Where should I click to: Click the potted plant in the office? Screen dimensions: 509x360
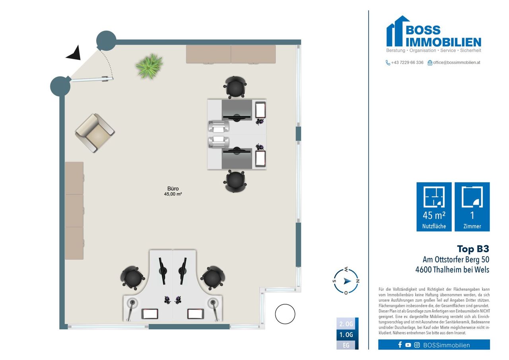pos(149,66)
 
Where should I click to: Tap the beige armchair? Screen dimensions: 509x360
pos(95,133)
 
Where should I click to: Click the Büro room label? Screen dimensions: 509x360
pos(173,189)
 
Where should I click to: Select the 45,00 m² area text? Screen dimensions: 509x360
pos(173,194)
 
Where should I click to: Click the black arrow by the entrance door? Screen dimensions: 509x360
pos(74,54)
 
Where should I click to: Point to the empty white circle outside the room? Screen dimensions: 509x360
pos(285,314)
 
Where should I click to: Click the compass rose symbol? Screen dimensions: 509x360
pos(346,281)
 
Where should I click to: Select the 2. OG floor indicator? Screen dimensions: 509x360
pos(346,324)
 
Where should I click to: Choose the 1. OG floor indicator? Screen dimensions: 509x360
pos(346,335)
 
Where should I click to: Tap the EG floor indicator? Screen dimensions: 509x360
pos(346,345)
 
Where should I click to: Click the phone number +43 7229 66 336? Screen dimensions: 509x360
pos(407,62)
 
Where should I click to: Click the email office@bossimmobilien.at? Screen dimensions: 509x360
pos(457,62)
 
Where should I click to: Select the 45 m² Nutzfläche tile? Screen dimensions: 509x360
pos(434,207)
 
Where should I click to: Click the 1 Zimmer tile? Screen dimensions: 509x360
pos(472,207)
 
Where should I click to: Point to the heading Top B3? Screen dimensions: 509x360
pos(473,249)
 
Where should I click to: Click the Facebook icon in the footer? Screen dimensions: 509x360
pos(400,345)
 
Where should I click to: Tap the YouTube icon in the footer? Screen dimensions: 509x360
pos(408,345)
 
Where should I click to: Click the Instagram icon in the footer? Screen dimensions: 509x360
pos(417,345)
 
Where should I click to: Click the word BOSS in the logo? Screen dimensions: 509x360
pos(423,30)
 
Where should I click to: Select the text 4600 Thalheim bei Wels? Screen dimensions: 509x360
pos(452,270)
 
